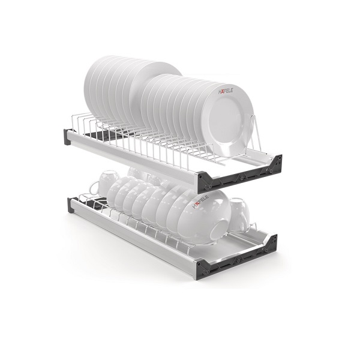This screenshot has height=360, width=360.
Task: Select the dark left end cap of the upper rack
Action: pyautogui.click(x=68, y=137)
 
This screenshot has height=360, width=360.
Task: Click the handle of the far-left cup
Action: pyautogui.click(x=94, y=187)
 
